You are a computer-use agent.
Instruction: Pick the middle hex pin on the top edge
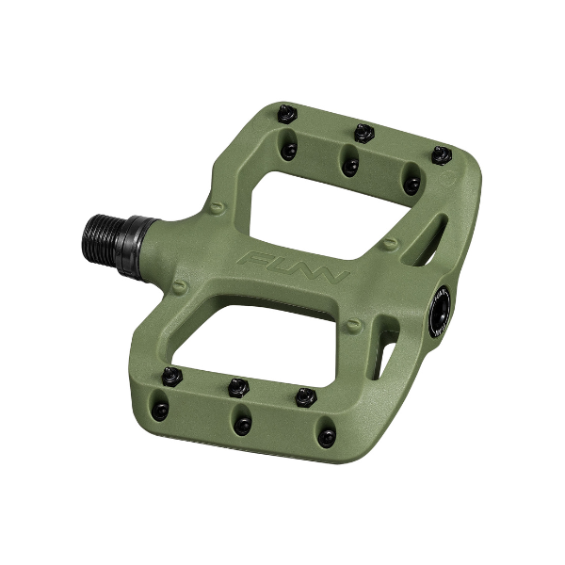pos(363,133)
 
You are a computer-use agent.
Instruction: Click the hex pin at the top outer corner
pos(440,153)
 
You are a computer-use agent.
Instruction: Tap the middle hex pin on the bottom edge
pos(237,385)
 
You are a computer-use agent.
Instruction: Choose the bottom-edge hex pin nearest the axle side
pos(170,376)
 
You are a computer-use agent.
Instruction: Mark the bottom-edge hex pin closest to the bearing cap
pos(304,395)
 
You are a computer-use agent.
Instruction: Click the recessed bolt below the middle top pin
pos(351,166)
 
